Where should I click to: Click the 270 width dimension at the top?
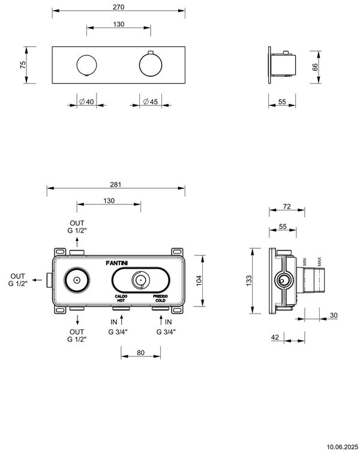(x=118, y=6)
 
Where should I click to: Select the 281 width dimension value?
(x=116, y=184)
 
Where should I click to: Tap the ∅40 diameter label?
(x=86, y=102)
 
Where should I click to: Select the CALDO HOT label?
(x=121, y=298)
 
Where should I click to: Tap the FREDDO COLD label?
(x=160, y=298)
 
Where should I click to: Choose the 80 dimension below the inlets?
(x=140, y=353)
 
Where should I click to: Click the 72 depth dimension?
(x=286, y=206)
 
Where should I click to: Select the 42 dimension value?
(x=275, y=338)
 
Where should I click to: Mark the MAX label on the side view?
(x=320, y=262)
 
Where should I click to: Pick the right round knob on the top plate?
(x=150, y=64)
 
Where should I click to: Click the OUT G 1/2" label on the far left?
(x=16, y=279)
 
